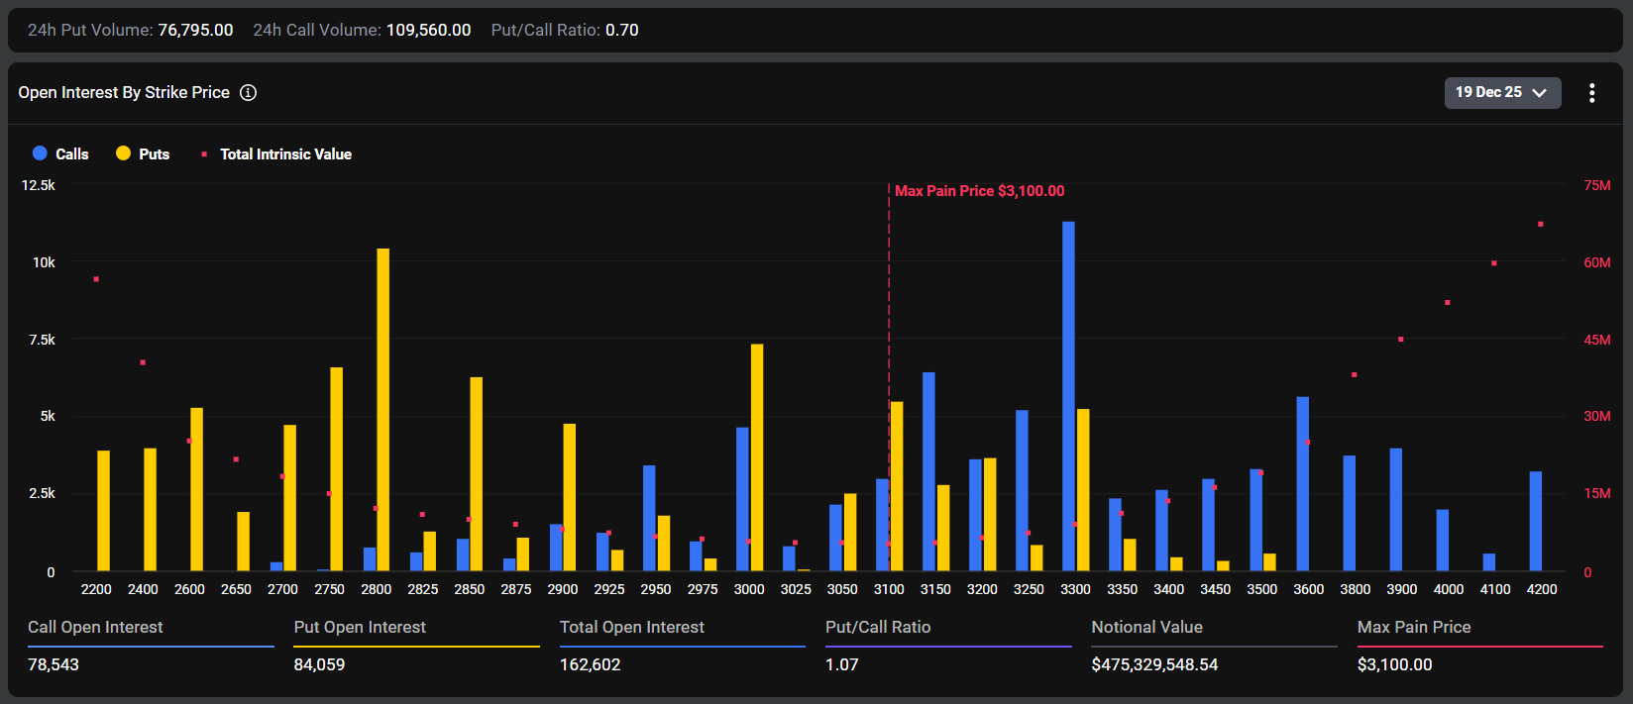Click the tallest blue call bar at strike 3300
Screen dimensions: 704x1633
point(1068,396)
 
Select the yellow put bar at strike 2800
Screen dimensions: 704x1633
point(383,409)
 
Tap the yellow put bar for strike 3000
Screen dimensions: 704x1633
point(757,457)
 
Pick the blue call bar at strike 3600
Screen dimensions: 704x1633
point(1303,483)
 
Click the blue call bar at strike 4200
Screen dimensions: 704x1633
point(1536,521)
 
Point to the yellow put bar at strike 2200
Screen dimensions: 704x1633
point(103,510)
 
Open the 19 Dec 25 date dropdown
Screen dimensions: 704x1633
point(1501,92)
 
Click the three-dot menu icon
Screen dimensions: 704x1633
point(1591,93)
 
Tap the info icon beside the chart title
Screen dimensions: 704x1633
point(249,92)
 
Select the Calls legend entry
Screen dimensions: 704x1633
point(61,153)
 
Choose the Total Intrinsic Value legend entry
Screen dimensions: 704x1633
point(277,153)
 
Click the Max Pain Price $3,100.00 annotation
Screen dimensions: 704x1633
point(979,190)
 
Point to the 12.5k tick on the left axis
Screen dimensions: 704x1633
point(39,185)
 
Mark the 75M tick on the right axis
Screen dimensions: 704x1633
point(1596,185)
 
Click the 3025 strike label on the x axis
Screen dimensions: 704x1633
point(796,589)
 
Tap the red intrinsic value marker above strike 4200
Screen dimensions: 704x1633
point(1541,224)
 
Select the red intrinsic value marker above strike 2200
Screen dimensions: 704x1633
point(96,279)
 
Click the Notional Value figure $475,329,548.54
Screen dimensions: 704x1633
point(1154,664)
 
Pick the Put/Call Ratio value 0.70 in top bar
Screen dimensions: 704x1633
point(621,30)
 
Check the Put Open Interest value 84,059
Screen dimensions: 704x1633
point(319,664)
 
